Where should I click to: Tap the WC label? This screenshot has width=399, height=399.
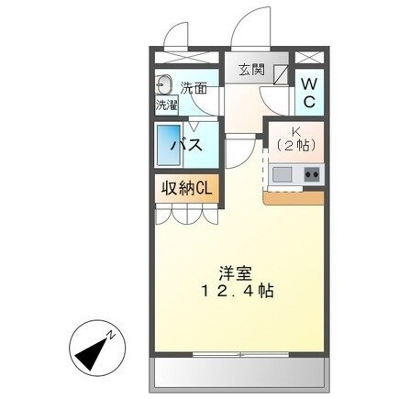click(309, 93)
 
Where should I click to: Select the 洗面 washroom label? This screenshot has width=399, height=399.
click(193, 88)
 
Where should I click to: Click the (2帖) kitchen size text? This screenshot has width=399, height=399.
click(295, 145)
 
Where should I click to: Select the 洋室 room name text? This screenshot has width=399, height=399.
click(234, 273)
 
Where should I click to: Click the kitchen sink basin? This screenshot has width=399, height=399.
click(281, 174)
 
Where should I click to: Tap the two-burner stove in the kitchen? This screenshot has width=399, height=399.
click(311, 174)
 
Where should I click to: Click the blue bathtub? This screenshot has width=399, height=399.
click(169, 146)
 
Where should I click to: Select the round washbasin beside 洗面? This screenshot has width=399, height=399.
click(166, 84)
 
